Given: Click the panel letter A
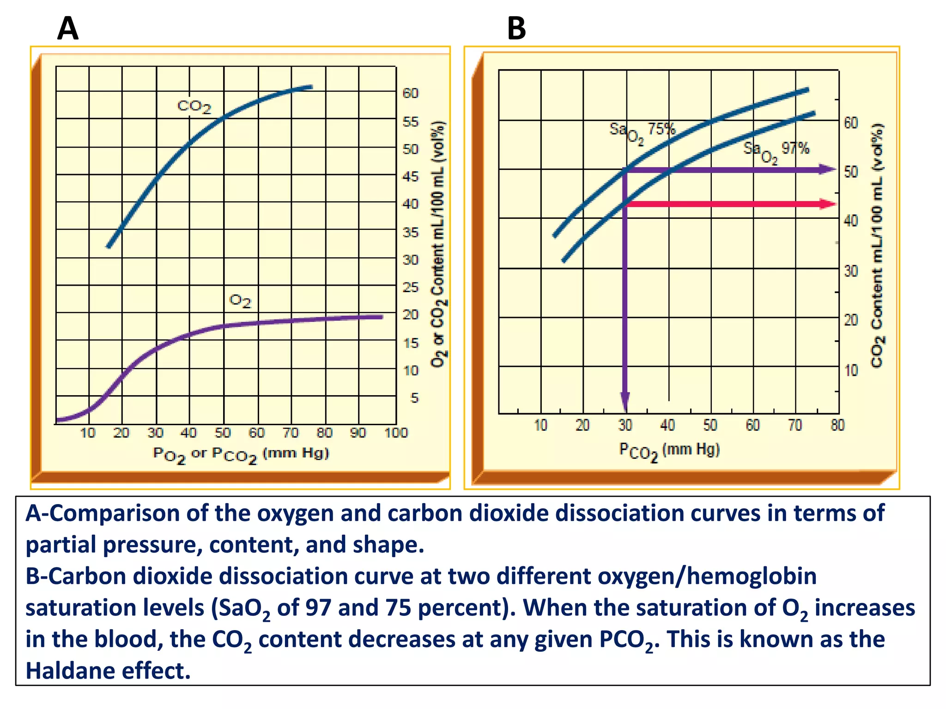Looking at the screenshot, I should tap(68, 29).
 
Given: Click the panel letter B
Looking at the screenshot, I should tap(516, 29).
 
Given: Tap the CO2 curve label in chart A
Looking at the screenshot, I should tap(194, 107).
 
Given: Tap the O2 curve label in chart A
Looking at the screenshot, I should tap(240, 301).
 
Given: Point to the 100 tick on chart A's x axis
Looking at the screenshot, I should tap(396, 433).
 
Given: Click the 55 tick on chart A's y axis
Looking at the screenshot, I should tap(411, 122).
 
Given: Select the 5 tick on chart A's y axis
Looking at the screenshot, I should tap(414, 398).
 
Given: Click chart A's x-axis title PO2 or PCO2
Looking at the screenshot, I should tap(241, 455).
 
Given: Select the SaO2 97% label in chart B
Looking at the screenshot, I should tap(776, 150).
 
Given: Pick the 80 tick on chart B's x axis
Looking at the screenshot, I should tap(837, 425).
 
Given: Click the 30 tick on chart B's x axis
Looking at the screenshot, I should tap(625, 425).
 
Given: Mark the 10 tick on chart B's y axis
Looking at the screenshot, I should tap(851, 371).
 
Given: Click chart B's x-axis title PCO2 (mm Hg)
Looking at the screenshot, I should tap(669, 451).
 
